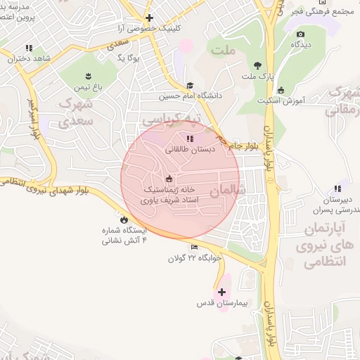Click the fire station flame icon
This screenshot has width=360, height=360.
124,219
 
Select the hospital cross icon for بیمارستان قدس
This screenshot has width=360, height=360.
222,292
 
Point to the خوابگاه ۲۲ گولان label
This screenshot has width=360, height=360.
194,258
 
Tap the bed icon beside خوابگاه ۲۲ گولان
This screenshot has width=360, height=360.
194,247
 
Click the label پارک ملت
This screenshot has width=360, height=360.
259,75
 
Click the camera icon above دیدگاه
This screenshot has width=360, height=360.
301,34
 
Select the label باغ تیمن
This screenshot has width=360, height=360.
89,87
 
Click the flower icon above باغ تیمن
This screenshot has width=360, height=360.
89,76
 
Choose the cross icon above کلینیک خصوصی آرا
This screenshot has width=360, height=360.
149,18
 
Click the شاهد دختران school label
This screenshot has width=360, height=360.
30,59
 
